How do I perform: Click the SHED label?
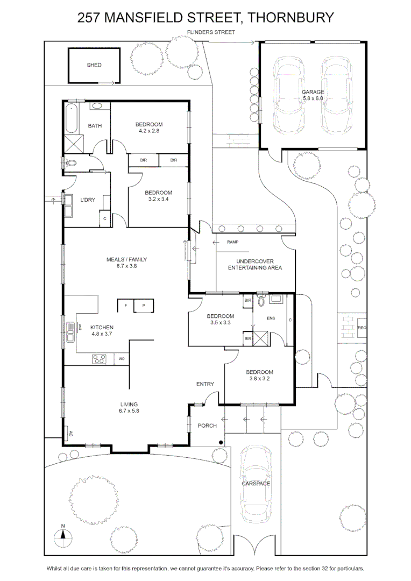pyautogui.click(x=94, y=65)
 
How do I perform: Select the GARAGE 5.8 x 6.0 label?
pyautogui.click(x=313, y=95)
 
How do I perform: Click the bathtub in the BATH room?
pyautogui.click(x=71, y=118)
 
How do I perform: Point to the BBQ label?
pyautogui.click(x=362, y=328)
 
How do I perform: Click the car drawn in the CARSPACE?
pyautogui.click(x=256, y=484)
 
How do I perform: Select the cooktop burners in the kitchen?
pyautogui.click(x=99, y=359)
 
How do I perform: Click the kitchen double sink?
pyautogui.click(x=70, y=332)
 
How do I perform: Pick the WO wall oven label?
pyautogui.click(x=122, y=359)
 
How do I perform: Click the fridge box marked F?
pyautogui.click(x=126, y=306)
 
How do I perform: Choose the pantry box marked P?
pyautogui.click(x=144, y=306)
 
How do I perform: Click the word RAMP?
pyautogui.click(x=233, y=242)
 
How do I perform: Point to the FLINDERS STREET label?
pyautogui.click(x=211, y=32)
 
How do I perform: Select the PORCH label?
pyautogui.click(x=207, y=426)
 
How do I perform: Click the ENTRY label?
pyautogui.click(x=205, y=384)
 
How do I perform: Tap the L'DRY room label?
pyautogui.click(x=88, y=200)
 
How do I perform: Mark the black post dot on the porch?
pyautogui.click(x=221, y=442)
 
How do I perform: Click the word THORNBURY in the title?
pyautogui.click(x=290, y=17)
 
